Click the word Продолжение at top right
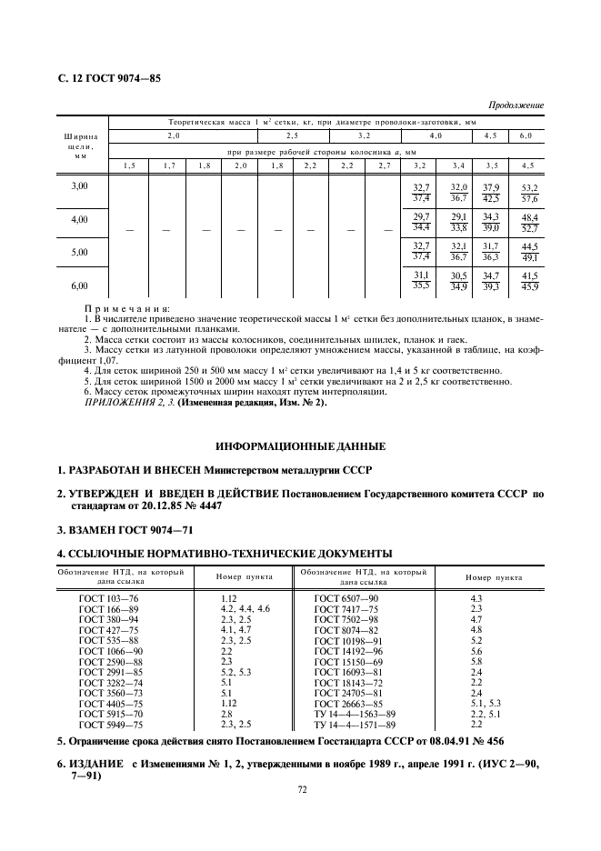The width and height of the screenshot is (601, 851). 515,105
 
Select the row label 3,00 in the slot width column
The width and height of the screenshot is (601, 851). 81,186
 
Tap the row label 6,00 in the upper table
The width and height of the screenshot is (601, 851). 81,285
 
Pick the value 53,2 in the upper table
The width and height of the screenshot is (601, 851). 527,187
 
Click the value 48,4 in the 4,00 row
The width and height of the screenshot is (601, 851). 527,218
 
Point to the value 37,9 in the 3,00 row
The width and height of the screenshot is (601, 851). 492,187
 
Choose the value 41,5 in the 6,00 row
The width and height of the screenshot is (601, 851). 527,276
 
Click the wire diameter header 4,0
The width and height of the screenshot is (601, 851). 436,135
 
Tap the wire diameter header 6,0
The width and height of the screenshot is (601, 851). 526,135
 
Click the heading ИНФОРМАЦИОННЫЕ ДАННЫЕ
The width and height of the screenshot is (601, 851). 300,447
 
